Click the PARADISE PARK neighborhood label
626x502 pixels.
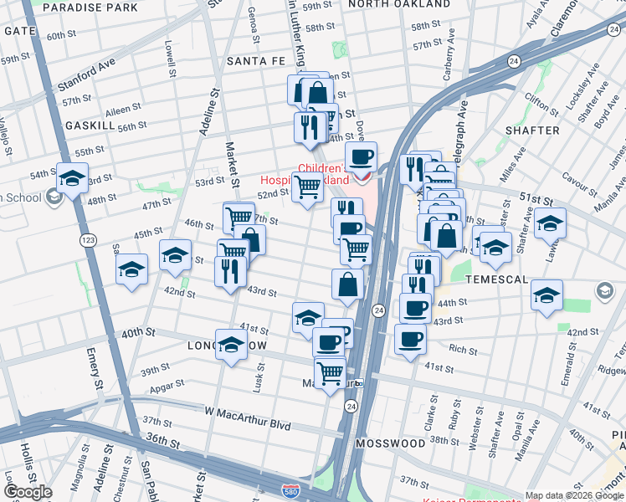click(x=90, y=8)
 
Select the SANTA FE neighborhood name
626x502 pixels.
click(x=258, y=62)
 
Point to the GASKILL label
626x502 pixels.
click(x=90, y=125)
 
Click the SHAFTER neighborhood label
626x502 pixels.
click(x=532, y=131)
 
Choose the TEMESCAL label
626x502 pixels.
click(x=497, y=279)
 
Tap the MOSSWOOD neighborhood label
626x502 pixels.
click(x=390, y=443)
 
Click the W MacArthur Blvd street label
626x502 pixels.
click(x=248, y=426)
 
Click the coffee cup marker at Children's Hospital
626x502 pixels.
click(x=362, y=156)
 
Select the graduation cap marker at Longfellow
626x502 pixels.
click(x=231, y=345)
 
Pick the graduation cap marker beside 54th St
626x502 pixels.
click(x=73, y=177)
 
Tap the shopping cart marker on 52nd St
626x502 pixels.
click(x=308, y=187)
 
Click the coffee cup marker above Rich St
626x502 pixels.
click(x=410, y=339)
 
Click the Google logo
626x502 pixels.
click(x=28, y=492)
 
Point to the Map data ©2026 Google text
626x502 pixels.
click(x=574, y=496)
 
